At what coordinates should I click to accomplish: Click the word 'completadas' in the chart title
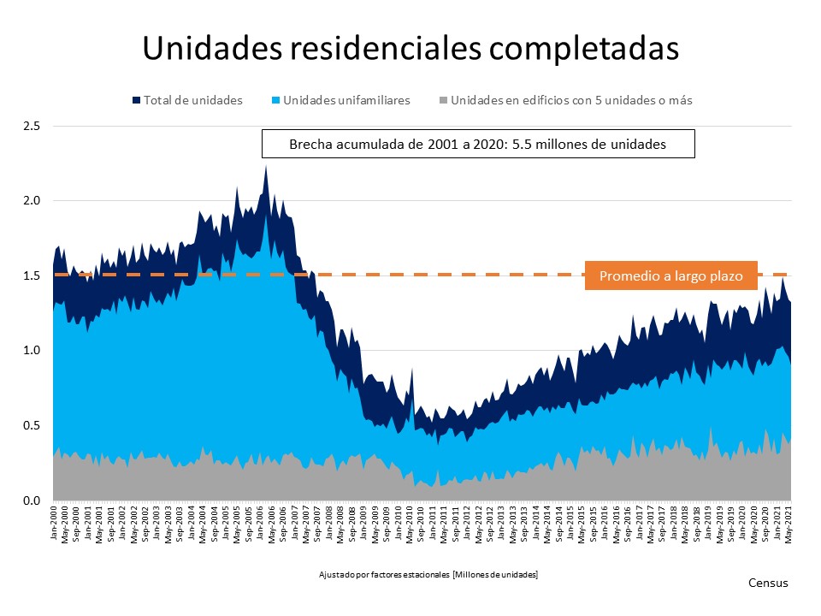tap(583, 49)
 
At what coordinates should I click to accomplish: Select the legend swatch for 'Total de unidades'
tap(136, 100)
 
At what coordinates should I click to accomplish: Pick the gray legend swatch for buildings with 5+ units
tap(444, 100)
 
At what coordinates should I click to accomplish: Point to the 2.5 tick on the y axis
tap(33, 126)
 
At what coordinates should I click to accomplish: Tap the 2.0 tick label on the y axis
tap(33, 201)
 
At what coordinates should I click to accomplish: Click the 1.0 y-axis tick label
tap(33, 351)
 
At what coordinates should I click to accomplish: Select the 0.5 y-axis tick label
tap(33, 425)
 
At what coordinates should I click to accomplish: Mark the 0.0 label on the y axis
tap(33, 500)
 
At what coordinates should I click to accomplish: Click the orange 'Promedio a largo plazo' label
tap(670, 276)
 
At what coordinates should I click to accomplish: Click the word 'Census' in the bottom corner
tap(768, 583)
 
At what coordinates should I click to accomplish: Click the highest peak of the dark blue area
tap(266, 166)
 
